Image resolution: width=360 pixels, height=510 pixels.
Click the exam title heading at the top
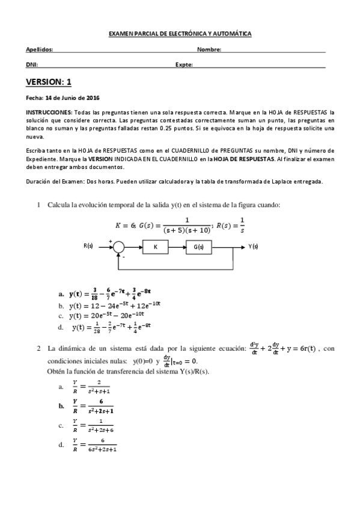(180, 34)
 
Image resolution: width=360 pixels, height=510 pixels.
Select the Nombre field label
(209, 50)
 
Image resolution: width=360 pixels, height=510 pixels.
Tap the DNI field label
(31, 64)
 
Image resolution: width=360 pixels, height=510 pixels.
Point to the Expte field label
(184, 64)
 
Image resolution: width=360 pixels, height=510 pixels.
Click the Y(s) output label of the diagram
(253, 247)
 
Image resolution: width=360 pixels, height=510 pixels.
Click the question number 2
(38, 348)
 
